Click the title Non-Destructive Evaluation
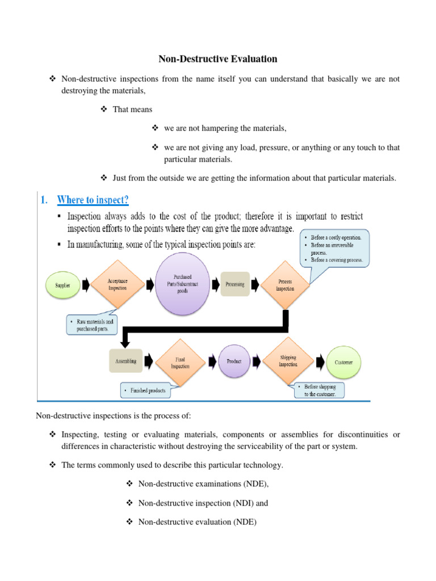click(x=217, y=58)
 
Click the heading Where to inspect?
click(x=93, y=200)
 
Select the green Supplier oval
click(x=63, y=286)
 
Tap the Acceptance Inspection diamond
click(x=118, y=284)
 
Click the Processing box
click(x=235, y=284)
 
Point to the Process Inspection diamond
click(x=285, y=285)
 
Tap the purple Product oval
click(x=234, y=361)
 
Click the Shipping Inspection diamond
click(x=288, y=361)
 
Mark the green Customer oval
click(x=343, y=361)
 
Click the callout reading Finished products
click(x=149, y=391)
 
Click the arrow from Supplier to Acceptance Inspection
click(x=85, y=285)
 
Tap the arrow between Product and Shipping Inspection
click(x=257, y=361)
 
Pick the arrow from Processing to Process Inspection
click(x=257, y=284)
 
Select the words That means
click(x=132, y=110)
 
